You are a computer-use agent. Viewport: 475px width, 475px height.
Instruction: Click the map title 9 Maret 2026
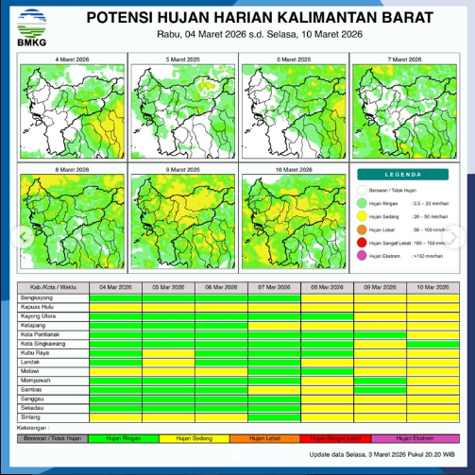tap(181, 169)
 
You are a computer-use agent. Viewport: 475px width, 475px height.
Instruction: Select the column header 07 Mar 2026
tap(274, 287)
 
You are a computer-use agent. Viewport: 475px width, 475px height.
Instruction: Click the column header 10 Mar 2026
tap(432, 287)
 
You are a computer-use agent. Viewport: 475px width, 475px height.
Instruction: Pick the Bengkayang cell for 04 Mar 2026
tap(115, 298)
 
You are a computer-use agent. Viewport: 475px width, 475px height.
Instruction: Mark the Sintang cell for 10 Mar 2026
tap(432, 416)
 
